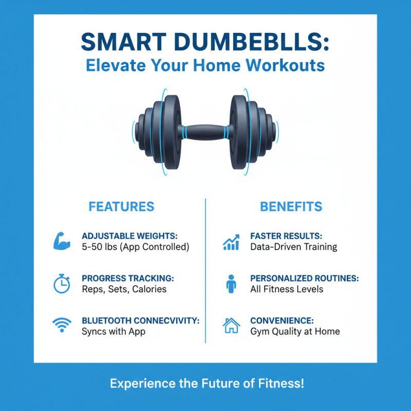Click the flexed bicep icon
(62, 241)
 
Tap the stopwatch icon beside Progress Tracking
(62, 283)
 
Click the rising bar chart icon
(231, 241)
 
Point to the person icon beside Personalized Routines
(231, 283)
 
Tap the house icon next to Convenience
(231, 325)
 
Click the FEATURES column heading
(121, 207)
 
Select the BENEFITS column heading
(291, 207)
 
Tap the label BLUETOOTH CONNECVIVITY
(140, 321)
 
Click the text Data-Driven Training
(293, 247)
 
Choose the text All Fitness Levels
(287, 289)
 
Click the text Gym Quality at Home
(295, 331)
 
